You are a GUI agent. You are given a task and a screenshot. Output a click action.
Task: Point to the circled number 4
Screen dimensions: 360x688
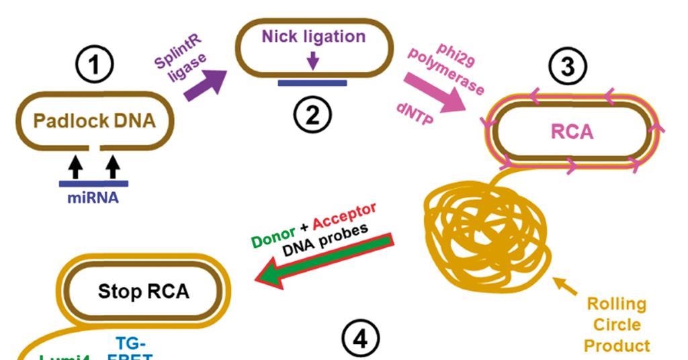[x=360, y=339]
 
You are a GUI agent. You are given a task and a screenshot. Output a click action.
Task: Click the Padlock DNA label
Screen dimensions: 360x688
[x=94, y=122]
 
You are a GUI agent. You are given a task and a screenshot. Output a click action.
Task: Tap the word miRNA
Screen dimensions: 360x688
[x=93, y=198]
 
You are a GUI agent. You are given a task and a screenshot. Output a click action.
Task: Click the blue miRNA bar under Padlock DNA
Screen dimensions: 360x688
[x=93, y=183]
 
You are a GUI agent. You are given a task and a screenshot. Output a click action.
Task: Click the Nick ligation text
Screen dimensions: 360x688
[x=314, y=36]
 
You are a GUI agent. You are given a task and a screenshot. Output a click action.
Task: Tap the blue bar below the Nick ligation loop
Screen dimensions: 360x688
[x=312, y=83]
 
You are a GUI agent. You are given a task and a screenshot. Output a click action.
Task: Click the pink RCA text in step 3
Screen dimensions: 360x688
[x=572, y=132]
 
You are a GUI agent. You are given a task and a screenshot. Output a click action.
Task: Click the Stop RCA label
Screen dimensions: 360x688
[x=144, y=292]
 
